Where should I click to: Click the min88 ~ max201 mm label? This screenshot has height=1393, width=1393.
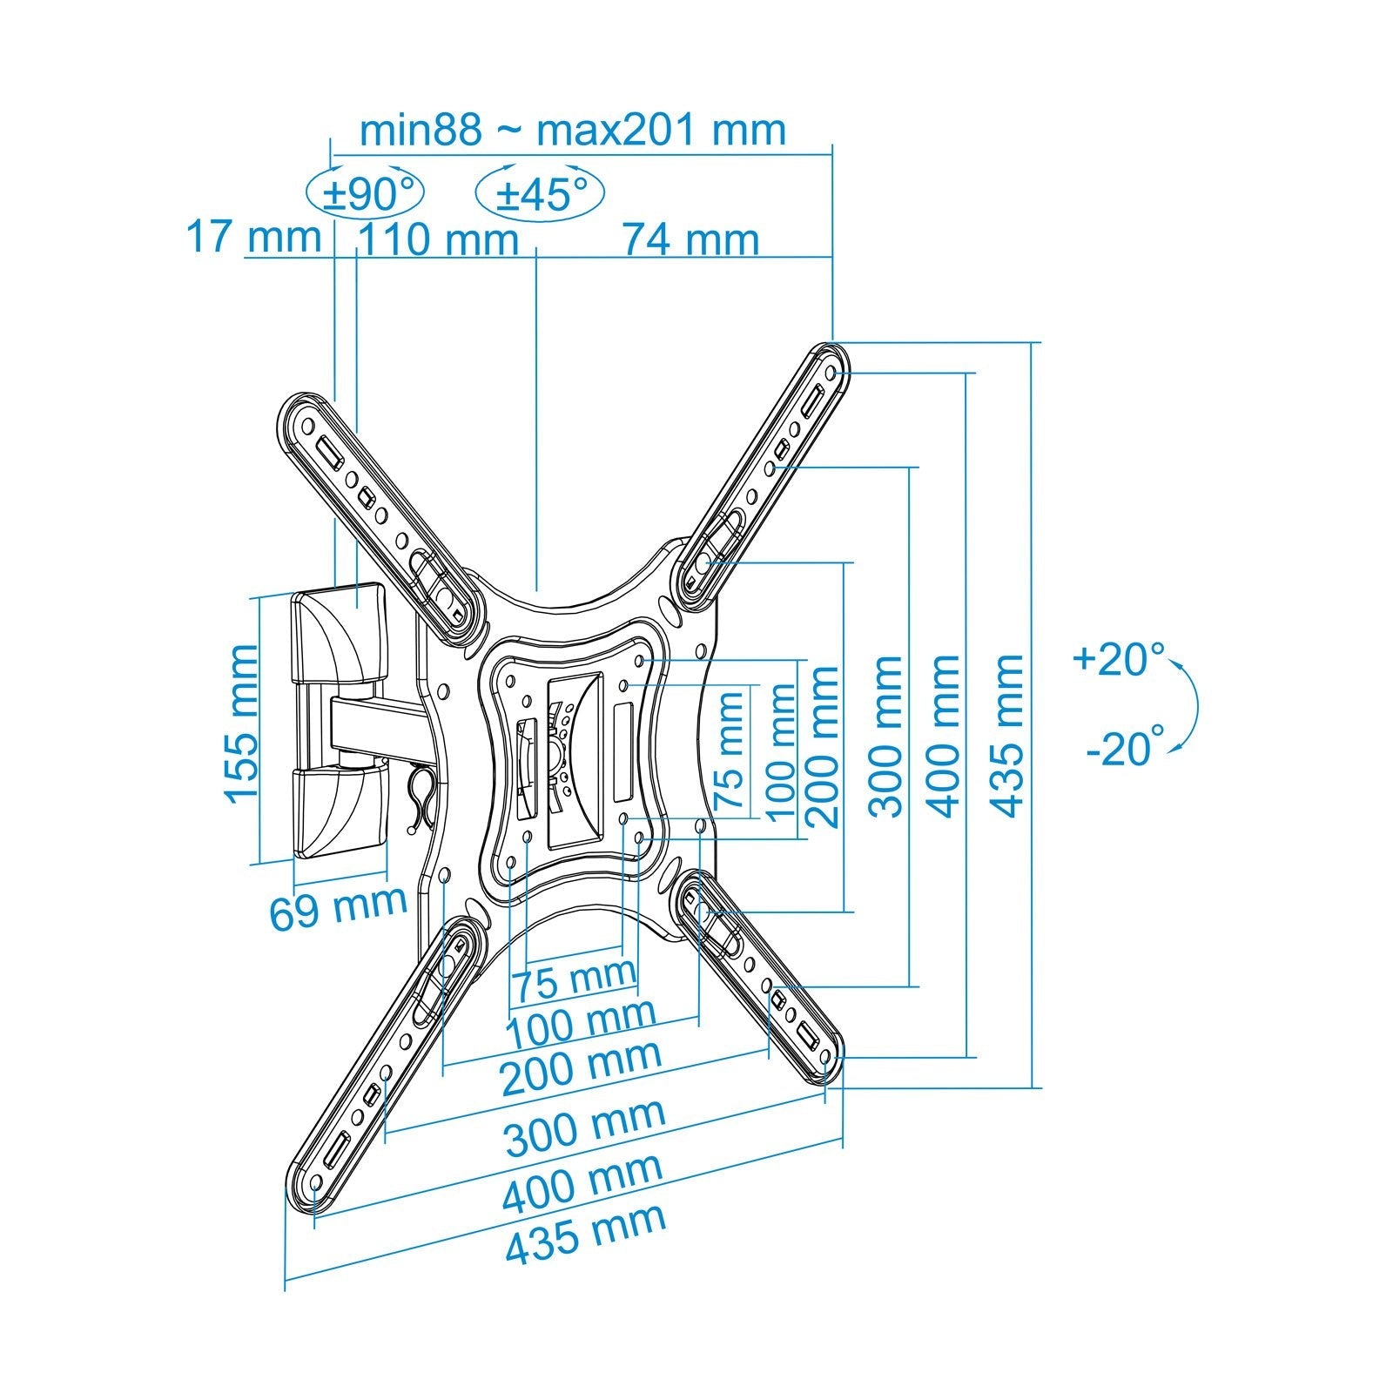pyautogui.click(x=572, y=131)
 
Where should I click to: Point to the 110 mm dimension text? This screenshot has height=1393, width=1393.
pyautogui.click(x=438, y=240)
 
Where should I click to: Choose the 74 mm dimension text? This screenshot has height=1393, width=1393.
pyautogui.click(x=690, y=240)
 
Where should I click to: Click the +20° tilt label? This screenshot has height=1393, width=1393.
pyautogui.click(x=1119, y=659)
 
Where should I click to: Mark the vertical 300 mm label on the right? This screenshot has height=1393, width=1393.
pyautogui.click(x=886, y=736)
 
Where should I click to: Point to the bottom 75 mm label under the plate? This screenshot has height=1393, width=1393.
pyautogui.click(x=573, y=980)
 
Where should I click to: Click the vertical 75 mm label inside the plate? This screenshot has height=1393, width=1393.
pyautogui.click(x=730, y=750)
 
